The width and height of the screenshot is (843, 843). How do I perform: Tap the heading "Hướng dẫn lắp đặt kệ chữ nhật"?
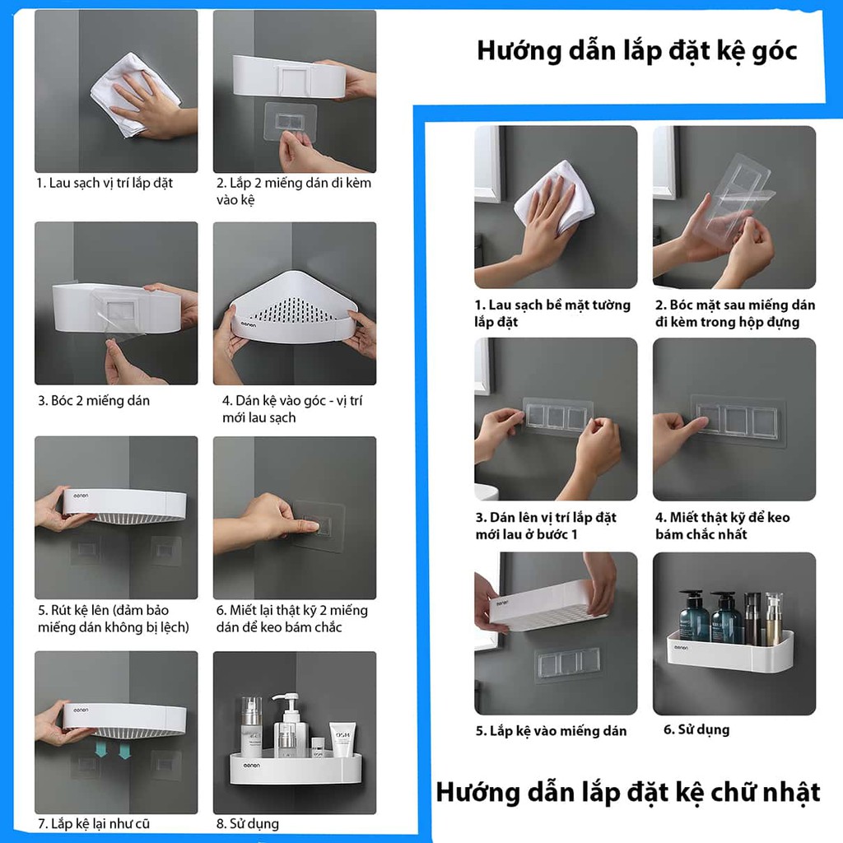coord(628,793)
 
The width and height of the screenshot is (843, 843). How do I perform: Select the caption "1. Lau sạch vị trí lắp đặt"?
coord(105,184)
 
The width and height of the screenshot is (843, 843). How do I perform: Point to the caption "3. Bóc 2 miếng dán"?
coord(94,401)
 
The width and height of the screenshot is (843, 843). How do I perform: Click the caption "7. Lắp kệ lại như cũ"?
coord(94,823)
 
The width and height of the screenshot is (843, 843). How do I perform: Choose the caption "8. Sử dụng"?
coord(247,824)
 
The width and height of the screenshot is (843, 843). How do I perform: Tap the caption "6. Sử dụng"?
coord(696,729)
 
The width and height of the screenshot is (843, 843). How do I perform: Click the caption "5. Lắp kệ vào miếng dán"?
coord(551,731)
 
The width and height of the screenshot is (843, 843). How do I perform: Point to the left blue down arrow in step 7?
coord(101,749)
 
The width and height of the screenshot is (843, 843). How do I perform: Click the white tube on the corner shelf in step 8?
coord(342,740)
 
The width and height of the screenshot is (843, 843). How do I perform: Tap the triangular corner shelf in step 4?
coord(294,307)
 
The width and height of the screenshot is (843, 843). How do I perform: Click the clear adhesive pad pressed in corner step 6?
coord(317,526)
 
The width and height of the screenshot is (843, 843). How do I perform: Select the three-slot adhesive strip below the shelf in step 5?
coord(568,664)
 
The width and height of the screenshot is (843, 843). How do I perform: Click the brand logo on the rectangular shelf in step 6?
coord(681,648)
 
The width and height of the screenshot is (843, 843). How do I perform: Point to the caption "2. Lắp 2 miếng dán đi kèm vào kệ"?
coord(294,191)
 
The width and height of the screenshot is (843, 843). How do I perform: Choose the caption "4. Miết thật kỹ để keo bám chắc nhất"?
coord(722,526)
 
